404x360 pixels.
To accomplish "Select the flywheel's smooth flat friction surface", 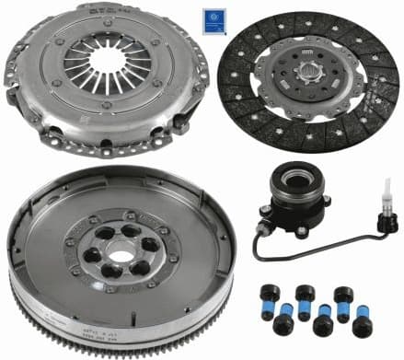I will (x=55, y=258).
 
